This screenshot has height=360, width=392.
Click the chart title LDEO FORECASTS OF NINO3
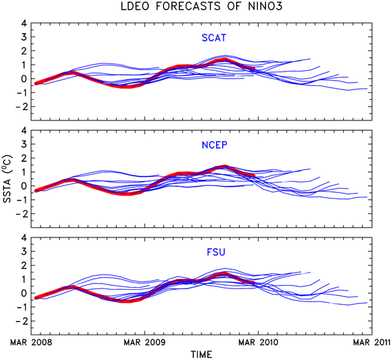click(x=202, y=6)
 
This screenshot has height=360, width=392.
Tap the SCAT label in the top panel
click(x=214, y=38)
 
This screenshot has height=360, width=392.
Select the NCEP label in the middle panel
click(x=215, y=145)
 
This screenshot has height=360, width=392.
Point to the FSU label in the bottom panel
click(x=216, y=252)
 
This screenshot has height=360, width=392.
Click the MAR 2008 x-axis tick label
click(x=31, y=342)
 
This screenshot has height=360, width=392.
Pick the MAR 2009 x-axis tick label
click(x=144, y=342)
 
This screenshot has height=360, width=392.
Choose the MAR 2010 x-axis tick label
click(x=259, y=342)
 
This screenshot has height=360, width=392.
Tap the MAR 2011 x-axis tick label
click(x=371, y=342)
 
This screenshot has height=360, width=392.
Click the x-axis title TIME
click(x=202, y=354)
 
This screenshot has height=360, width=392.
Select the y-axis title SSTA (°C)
click(x=7, y=179)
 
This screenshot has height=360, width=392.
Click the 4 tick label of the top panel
click(x=24, y=23)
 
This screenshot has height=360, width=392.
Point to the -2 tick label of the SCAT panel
click(x=21, y=107)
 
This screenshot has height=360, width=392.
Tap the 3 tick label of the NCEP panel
click(x=24, y=144)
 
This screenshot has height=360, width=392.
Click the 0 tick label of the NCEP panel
click(x=24, y=186)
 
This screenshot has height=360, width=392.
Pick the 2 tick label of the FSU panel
click(x=24, y=265)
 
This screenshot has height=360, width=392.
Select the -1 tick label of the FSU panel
click(x=21, y=307)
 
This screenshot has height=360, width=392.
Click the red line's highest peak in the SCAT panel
click(x=225, y=60)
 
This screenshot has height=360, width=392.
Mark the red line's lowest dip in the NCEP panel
click(x=127, y=193)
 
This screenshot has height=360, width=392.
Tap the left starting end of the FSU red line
click(x=36, y=298)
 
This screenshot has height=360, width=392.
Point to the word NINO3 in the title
click(x=265, y=6)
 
